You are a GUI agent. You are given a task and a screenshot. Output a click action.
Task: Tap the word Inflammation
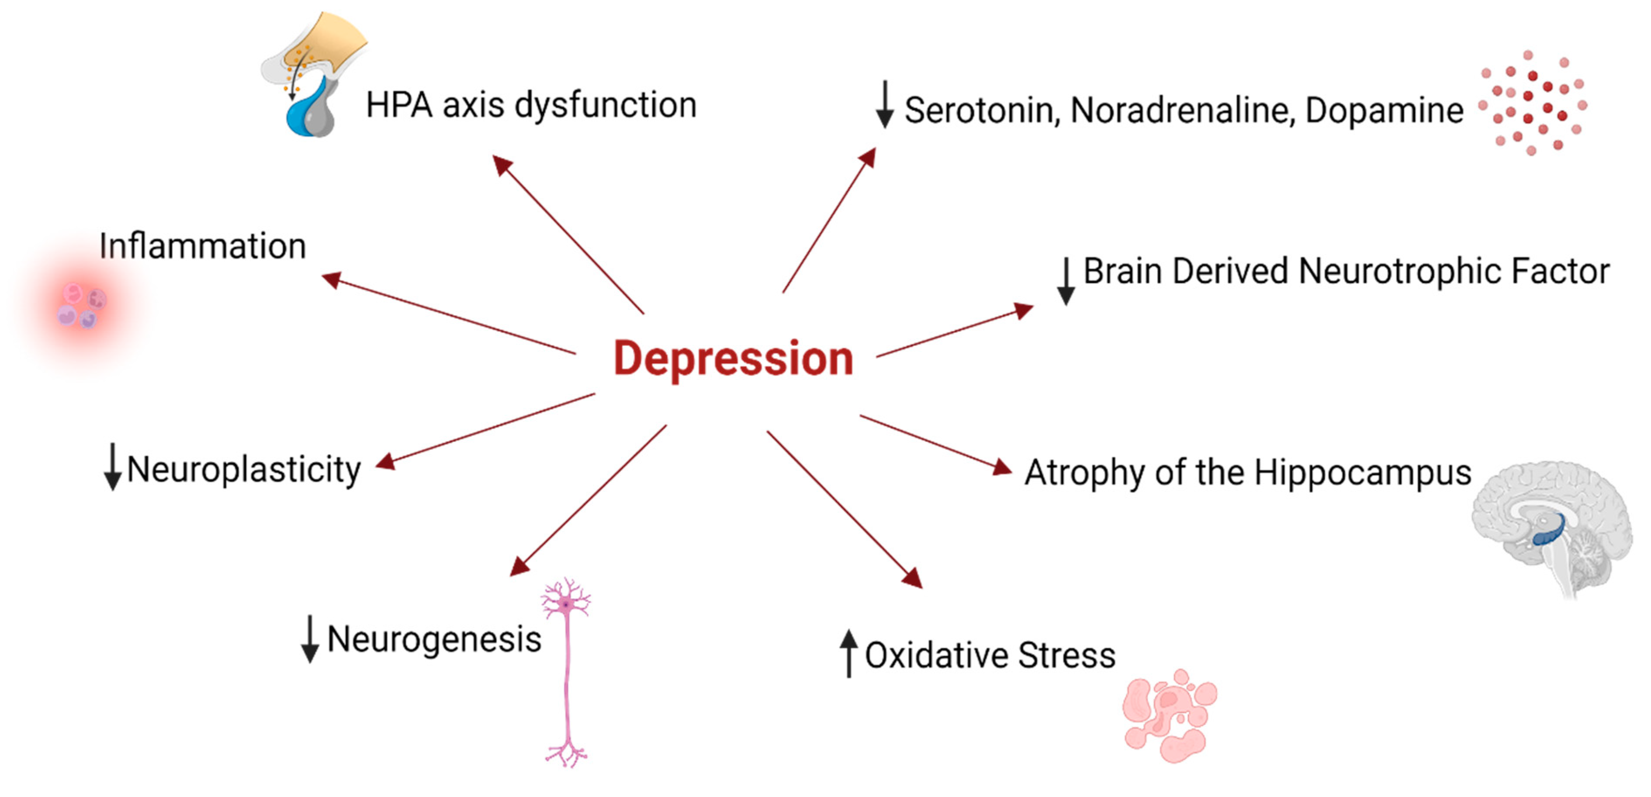point(203,246)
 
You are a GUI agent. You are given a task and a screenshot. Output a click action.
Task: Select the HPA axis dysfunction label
point(531,105)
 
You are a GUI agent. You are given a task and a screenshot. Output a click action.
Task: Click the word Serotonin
point(979,110)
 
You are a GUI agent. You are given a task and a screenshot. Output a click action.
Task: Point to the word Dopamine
point(1384,110)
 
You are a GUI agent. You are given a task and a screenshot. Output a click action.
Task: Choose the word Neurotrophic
point(1400,271)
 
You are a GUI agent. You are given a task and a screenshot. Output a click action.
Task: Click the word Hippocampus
point(1363,473)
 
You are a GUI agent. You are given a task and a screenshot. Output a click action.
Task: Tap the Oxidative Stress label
point(990,656)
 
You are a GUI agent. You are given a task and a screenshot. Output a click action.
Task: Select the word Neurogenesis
point(435,639)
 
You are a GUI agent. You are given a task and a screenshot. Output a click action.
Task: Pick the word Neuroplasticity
point(244,469)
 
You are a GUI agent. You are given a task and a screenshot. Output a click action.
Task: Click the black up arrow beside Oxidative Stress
point(849,653)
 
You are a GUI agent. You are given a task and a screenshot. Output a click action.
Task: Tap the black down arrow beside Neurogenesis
point(310,639)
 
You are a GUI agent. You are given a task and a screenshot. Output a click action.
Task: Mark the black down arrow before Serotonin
point(885,104)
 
